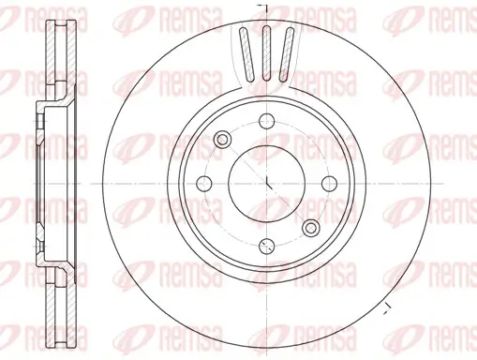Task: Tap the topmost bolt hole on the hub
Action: pyautogui.click(x=266, y=120)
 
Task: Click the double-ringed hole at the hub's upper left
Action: pyautogui.click(x=223, y=140)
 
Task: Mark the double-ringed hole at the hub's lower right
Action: pyautogui.click(x=310, y=226)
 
